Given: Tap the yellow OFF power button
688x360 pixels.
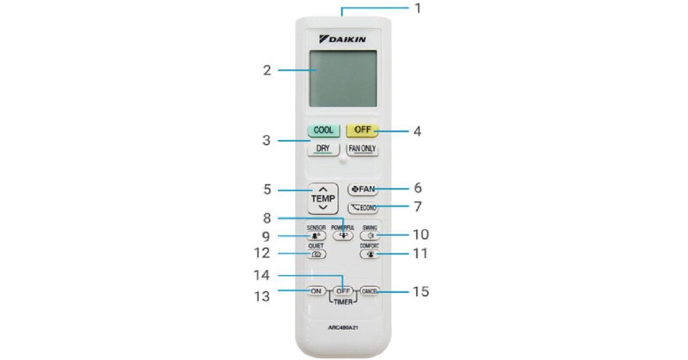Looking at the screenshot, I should pos(363,130).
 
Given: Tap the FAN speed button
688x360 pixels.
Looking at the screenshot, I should pos(363,189).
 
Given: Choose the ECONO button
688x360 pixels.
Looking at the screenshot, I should pos(363,208).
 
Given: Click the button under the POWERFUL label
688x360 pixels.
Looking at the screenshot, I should pos(342,235).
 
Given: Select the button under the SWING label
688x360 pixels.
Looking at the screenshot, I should pos(369,235).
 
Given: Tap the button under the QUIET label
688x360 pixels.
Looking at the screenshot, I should pos(316,253).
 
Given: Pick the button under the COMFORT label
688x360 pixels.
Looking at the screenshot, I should pos(369,253).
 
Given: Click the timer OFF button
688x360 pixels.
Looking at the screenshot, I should pos(343,291).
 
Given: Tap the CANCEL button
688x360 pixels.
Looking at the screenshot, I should pos(369,291).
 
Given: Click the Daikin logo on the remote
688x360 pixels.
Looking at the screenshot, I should pos(343,39).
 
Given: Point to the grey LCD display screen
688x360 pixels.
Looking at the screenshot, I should pos(343,78).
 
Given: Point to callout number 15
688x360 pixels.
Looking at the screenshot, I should pos(420,291).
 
